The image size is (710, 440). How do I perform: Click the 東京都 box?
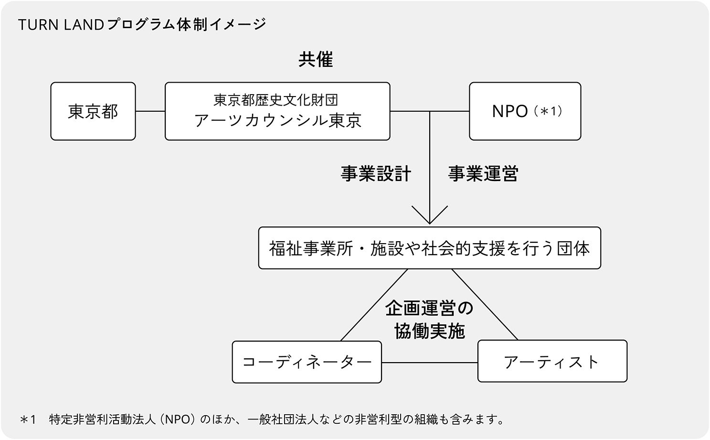coord(93,111)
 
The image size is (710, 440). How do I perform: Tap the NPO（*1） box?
coord(525,111)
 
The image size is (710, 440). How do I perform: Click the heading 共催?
coord(316,60)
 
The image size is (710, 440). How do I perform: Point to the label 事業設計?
coord(376,174)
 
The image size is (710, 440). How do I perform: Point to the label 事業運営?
coord(483,174)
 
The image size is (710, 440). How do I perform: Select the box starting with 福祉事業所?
coord(429,248)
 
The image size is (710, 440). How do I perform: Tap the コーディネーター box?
coord(307,362)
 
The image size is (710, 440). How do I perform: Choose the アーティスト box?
coord(552,362)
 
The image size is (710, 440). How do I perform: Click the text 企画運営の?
coord(429,308)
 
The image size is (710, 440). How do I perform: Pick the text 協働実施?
coord(429,331)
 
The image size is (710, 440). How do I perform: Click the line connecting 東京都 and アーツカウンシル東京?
coord(150,111)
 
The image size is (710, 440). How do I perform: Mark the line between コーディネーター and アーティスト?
coord(430,363)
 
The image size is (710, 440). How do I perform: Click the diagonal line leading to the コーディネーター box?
coord(374,305)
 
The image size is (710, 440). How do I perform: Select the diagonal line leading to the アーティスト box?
coord(485,305)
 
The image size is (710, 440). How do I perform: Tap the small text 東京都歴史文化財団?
coord(276,100)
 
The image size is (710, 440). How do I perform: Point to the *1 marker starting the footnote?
coord(28,420)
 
